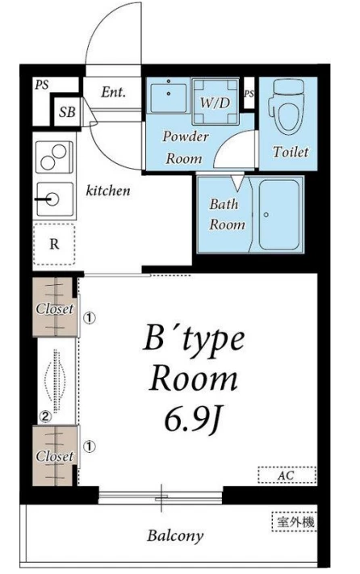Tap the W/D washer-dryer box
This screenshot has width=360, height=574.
click(x=216, y=102)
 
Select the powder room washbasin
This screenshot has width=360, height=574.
click(x=169, y=97)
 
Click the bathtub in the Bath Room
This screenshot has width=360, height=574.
click(x=279, y=215)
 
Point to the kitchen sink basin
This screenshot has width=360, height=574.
click(x=55, y=199)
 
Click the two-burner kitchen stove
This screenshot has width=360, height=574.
click(x=55, y=157)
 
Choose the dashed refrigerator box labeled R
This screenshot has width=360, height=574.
click(x=54, y=244)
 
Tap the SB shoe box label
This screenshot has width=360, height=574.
click(x=67, y=111)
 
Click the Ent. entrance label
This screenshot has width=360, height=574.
click(x=113, y=92)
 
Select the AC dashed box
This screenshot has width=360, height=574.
click(x=287, y=476)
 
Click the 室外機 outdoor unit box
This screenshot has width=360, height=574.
click(x=294, y=522)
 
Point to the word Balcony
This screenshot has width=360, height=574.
click(x=175, y=535)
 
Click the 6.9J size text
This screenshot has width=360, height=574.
click(x=193, y=421)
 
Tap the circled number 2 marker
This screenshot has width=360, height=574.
click(x=46, y=416)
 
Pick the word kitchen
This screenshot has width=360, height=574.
click(x=108, y=191)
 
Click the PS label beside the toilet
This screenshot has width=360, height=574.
click(x=249, y=94)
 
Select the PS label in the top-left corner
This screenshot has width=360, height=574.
click(x=42, y=86)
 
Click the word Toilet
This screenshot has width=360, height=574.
click(x=291, y=152)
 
